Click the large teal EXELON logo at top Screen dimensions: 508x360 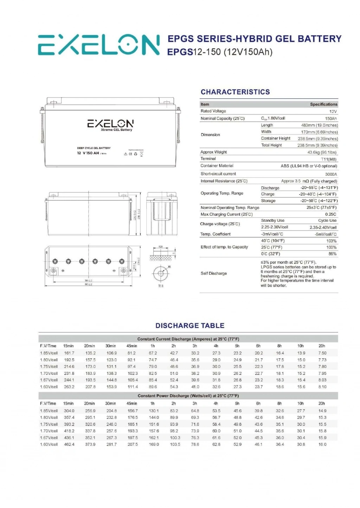click(x=99, y=45)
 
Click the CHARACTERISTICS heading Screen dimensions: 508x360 click(x=235, y=92)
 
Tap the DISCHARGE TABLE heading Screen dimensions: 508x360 click(x=190, y=326)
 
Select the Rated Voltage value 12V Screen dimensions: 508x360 click(x=333, y=111)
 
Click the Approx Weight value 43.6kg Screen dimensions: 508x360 click(x=322, y=152)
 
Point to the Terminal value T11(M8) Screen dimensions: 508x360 click(x=329, y=159)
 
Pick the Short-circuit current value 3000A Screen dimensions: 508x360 click(x=331, y=174)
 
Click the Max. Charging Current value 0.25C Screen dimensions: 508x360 click(x=330, y=214)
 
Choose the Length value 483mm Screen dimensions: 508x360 click(x=319, y=125)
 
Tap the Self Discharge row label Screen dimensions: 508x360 click(x=214, y=273)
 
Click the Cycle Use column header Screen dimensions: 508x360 click(x=327, y=221)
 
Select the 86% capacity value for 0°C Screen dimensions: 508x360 click(x=332, y=254)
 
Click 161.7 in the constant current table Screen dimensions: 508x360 click(x=69, y=353)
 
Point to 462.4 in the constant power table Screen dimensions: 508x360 click(x=69, y=444)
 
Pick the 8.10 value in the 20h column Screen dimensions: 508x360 click(x=322, y=387)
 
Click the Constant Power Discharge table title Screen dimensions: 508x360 click(x=188, y=396)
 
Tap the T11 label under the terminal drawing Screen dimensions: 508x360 click(x=161, y=286)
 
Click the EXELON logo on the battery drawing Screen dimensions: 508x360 click(x=110, y=124)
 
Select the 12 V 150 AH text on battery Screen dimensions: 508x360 click(x=88, y=153)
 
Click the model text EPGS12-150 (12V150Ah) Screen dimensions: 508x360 click(x=220, y=52)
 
